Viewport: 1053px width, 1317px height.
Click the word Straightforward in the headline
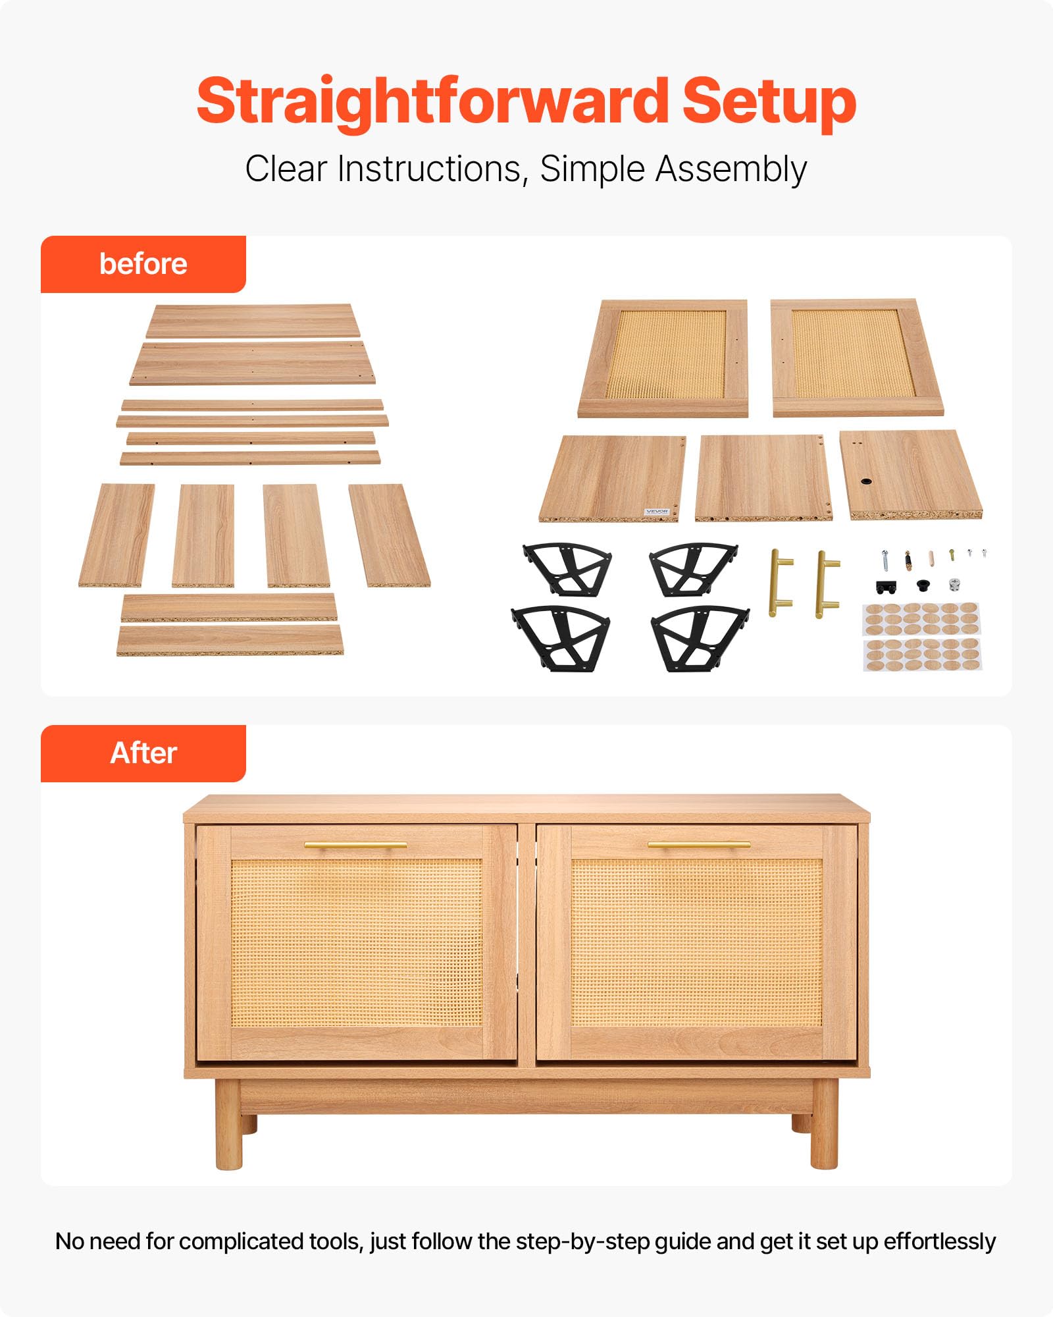click(432, 103)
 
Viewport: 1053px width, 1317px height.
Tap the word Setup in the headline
click(769, 103)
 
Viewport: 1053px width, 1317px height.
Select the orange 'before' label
click(143, 264)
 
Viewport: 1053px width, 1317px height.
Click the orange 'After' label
click(143, 753)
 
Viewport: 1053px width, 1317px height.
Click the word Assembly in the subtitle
click(731, 171)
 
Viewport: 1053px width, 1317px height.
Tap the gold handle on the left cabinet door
click(355, 845)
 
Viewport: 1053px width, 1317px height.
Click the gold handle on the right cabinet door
click(699, 844)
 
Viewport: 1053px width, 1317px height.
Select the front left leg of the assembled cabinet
click(228, 1124)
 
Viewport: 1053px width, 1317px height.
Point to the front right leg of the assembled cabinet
click(825, 1124)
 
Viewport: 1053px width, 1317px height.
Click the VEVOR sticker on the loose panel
click(657, 511)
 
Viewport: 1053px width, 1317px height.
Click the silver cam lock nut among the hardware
click(954, 583)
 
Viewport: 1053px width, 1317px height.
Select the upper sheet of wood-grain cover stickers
click(921, 618)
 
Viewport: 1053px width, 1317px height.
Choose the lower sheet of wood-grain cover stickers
click(922, 655)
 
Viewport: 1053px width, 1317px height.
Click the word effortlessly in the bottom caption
click(939, 1242)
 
